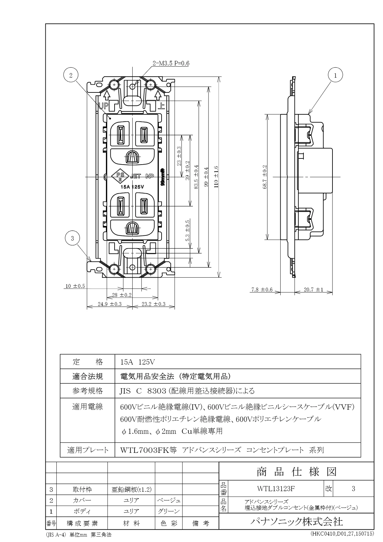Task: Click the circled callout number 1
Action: coord(335,76)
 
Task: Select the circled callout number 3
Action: coord(72,238)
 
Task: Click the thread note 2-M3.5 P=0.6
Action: coord(171,63)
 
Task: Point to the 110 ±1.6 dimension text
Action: coord(216,177)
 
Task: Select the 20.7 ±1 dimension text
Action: coord(313,290)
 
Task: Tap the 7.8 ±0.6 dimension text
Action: coord(262,290)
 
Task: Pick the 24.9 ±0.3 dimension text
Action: coord(109,304)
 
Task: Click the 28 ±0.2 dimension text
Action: coord(122,295)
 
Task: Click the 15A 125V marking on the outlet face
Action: coord(132,186)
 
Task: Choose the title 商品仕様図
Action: coord(296,472)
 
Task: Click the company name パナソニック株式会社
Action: coord(296,521)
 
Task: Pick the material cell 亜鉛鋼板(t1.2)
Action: coord(131,490)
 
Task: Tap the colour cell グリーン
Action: coord(169,511)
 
